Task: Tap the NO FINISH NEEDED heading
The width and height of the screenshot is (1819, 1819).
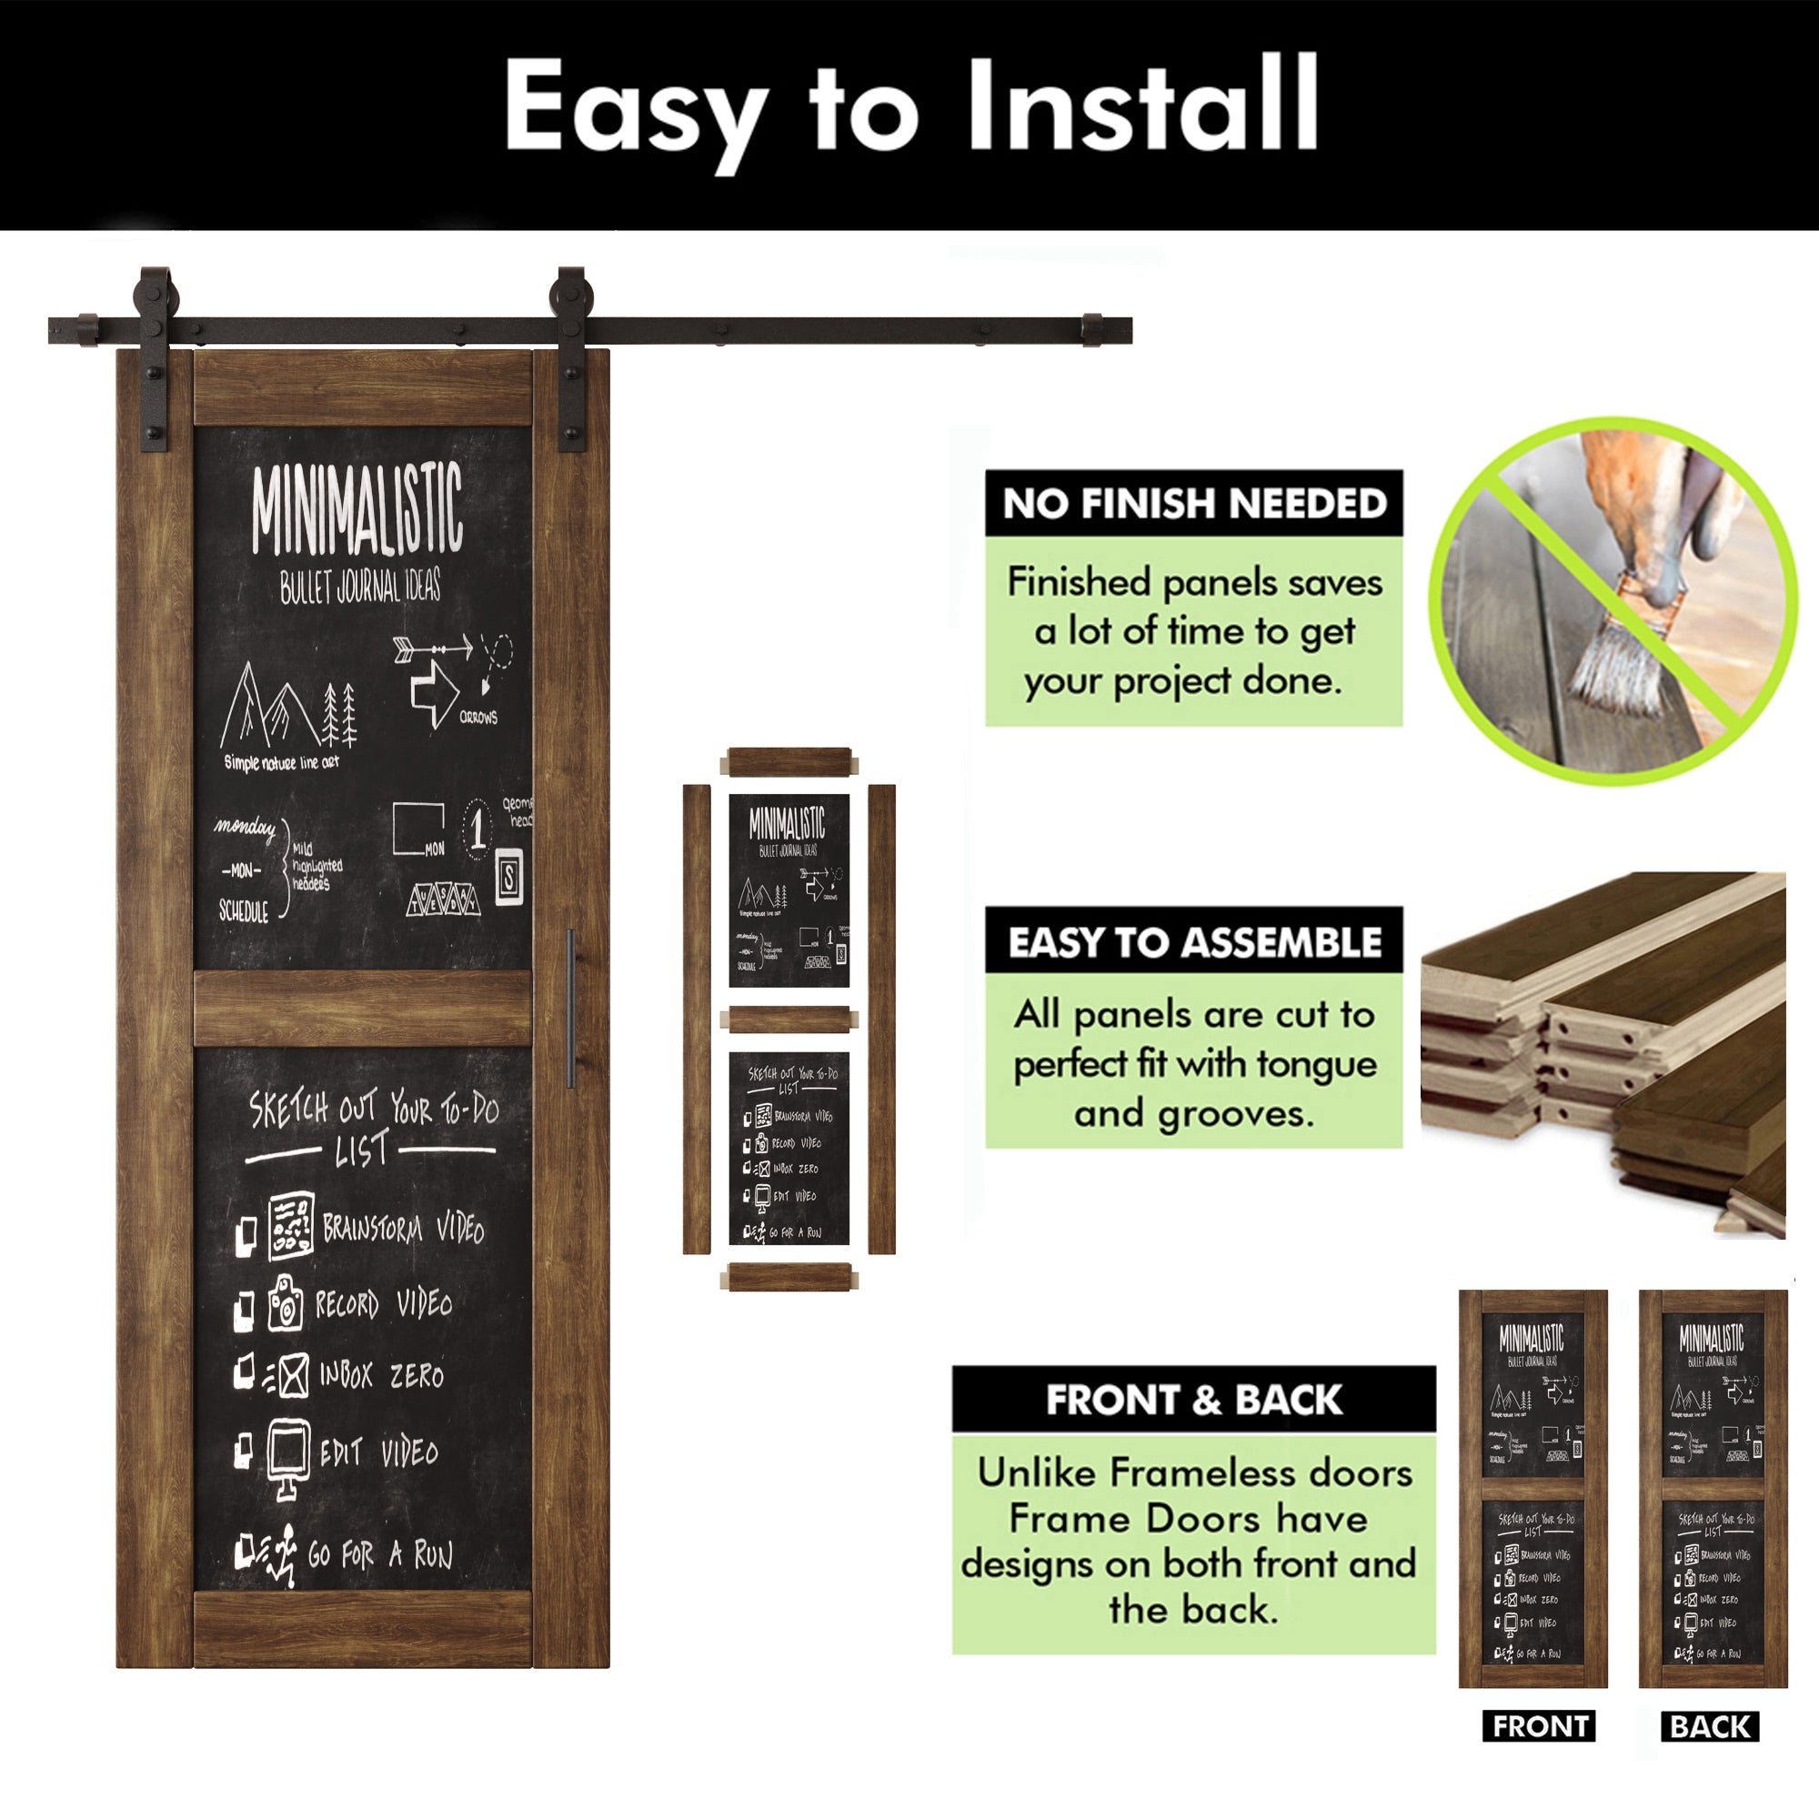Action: [x=1194, y=504]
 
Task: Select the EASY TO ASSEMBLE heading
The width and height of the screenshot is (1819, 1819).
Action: [x=1194, y=942]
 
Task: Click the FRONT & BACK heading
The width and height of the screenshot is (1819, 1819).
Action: [x=1194, y=1400]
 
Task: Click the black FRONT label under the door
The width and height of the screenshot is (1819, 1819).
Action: [x=1540, y=1727]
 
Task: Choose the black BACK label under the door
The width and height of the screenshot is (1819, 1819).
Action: [x=1710, y=1727]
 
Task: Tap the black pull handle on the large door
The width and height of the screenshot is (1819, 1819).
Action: [x=570, y=1008]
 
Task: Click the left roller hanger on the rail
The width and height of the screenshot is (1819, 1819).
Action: [x=155, y=357]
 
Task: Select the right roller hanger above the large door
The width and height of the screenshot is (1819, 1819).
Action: [x=570, y=357]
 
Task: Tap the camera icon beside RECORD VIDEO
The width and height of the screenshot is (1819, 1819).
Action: [x=286, y=1304]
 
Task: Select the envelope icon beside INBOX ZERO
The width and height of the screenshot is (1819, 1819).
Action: [x=292, y=1374]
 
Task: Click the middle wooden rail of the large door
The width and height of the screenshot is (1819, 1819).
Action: [x=363, y=1009]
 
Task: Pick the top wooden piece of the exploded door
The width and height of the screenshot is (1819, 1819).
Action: [x=789, y=761]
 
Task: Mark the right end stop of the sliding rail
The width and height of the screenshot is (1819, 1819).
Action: [x=1092, y=330]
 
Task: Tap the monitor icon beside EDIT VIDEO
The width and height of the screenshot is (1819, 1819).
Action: [x=288, y=1454]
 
